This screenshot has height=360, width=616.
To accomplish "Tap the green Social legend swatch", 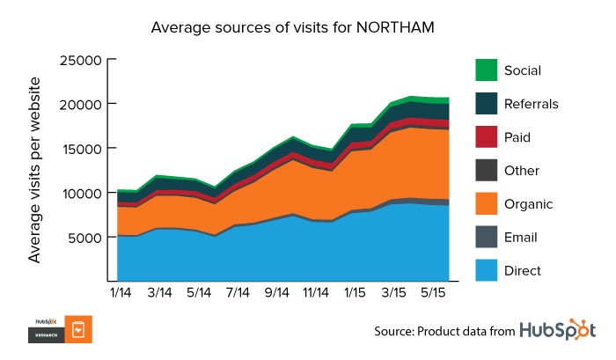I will coord(486,70).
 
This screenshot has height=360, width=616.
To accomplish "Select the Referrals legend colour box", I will coord(486,104).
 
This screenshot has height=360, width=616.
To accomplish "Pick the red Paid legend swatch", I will coord(486,137).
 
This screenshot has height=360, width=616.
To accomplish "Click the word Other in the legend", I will coord(523,171).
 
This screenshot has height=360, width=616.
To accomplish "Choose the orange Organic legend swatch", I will coord(486,204).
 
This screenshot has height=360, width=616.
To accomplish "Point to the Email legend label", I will coord(522,238).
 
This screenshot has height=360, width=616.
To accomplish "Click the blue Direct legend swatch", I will coord(486,270).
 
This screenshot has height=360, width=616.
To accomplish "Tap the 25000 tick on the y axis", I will coord(81,60).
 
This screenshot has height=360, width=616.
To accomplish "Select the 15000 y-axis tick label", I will coord(81,149).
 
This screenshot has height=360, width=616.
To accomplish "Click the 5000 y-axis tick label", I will coord(85,237).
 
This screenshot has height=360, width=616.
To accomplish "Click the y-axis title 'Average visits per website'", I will coord(35,171).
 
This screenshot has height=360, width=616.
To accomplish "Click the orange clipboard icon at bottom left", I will coord(77,330).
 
